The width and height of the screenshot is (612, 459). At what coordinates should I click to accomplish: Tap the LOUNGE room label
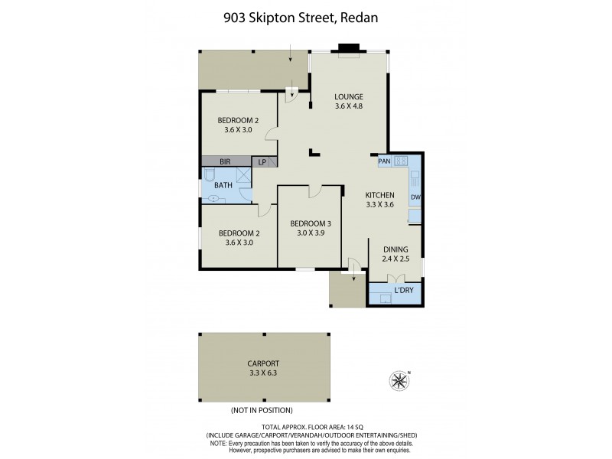pyautogui.click(x=348, y=96)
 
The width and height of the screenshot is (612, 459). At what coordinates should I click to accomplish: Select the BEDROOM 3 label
pyautogui.click(x=309, y=223)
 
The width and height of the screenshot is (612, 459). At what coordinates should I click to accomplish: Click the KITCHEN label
pyautogui.click(x=379, y=195)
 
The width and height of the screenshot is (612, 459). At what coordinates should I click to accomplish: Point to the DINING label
pyautogui.click(x=396, y=249)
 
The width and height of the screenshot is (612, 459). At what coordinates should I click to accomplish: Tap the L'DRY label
pyautogui.click(x=404, y=291)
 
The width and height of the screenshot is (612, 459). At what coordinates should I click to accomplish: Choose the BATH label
pyautogui.click(x=223, y=185)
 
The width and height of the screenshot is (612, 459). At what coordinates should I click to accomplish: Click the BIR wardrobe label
pyautogui.click(x=225, y=162)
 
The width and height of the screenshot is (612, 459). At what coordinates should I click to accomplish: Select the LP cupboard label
pyautogui.click(x=262, y=162)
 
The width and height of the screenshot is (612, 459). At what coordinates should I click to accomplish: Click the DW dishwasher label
pyautogui.click(x=415, y=197)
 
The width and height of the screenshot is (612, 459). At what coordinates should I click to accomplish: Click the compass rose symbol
pyautogui.click(x=399, y=379)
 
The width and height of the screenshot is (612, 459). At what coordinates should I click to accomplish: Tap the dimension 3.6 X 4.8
pyautogui.click(x=348, y=106)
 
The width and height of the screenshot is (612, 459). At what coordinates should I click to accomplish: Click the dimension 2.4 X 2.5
pyautogui.click(x=396, y=259)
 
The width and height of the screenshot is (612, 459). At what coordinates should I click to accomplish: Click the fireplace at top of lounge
pyautogui.click(x=349, y=53)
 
